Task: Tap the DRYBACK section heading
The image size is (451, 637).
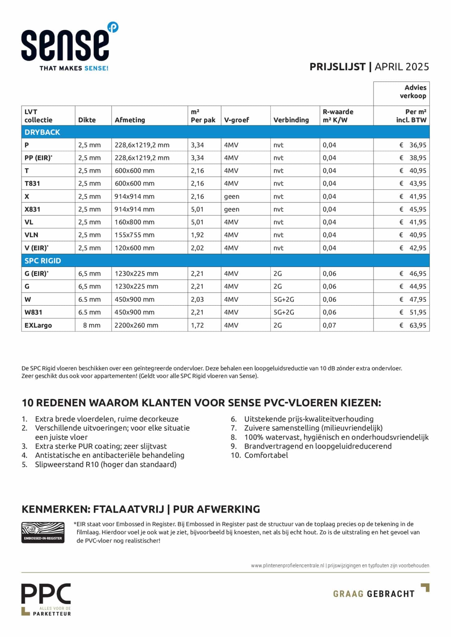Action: [x=42, y=132]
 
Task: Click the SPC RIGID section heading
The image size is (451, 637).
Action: [x=43, y=261]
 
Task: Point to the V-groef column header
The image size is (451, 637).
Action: [x=236, y=120]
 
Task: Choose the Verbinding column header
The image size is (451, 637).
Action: [x=291, y=120]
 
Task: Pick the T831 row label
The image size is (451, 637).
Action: [x=32, y=183]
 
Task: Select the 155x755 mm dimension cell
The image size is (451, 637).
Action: [x=134, y=235]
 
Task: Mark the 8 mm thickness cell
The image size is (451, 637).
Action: [x=92, y=325]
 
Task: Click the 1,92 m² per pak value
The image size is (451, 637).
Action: [x=197, y=235]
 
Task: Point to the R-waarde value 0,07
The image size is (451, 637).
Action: [x=329, y=325]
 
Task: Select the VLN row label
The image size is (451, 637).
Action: [x=31, y=235]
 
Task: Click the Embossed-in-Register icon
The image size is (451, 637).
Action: [x=43, y=532]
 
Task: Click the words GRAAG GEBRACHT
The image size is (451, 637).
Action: [x=374, y=594]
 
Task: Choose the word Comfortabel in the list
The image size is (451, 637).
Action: [x=266, y=455]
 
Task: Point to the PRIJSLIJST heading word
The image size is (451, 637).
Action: [x=337, y=67]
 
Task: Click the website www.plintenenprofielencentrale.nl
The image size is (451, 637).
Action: [x=288, y=566]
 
